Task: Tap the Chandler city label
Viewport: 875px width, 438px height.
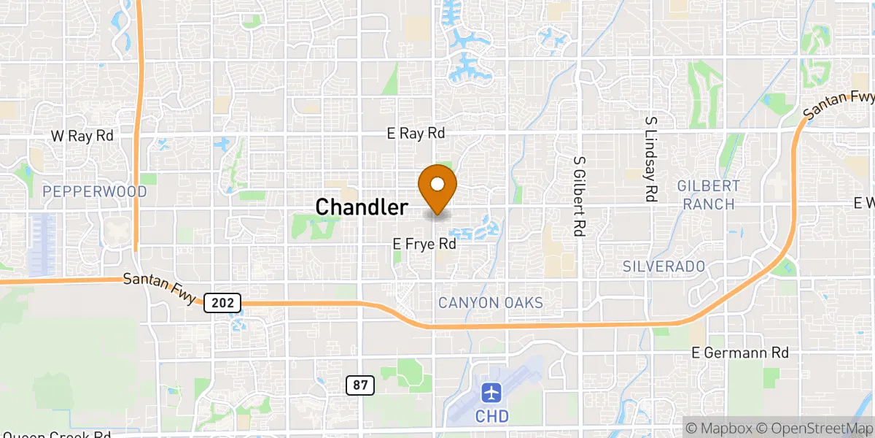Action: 362,207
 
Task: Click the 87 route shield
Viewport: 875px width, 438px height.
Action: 360,385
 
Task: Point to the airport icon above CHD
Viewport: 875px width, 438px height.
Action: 492,393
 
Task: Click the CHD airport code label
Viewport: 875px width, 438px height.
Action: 493,416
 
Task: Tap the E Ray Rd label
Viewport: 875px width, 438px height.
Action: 416,134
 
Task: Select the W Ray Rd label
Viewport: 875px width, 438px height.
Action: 82,136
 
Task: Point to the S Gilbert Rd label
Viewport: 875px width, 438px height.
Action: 580,196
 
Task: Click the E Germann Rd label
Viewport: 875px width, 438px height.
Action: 740,353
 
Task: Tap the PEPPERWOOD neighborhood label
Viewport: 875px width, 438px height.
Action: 95,192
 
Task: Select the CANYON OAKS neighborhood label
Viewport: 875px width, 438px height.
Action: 491,302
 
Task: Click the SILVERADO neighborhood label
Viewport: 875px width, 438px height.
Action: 664,266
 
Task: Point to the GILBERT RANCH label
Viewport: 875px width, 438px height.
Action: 708,195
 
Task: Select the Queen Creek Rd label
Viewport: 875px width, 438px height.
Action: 55,435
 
